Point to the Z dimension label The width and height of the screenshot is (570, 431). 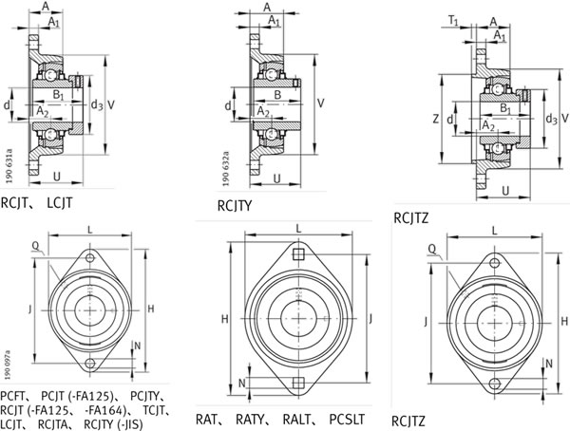click(435, 120)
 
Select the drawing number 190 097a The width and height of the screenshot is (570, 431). click(9, 366)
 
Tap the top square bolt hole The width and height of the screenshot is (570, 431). click(298, 254)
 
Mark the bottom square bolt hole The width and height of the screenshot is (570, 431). click(298, 383)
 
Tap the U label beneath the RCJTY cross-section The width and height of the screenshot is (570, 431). click(277, 178)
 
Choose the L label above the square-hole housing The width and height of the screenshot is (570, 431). click(298, 228)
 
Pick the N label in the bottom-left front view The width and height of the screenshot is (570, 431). click(139, 347)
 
